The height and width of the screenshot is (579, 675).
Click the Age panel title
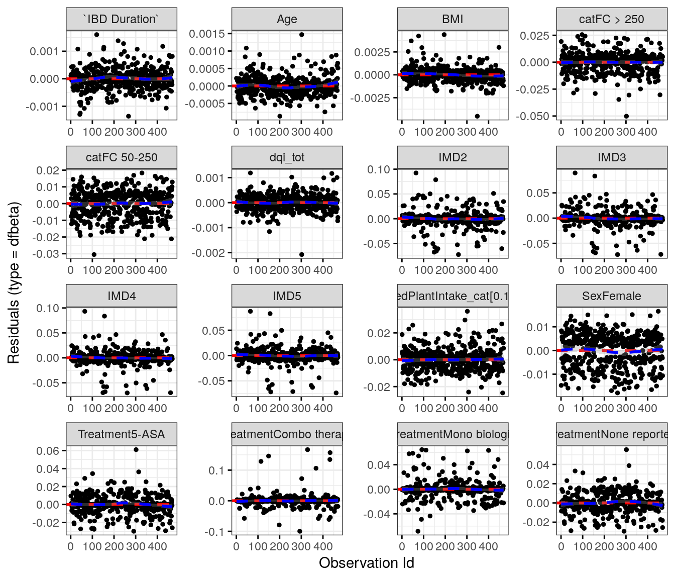click(x=287, y=19)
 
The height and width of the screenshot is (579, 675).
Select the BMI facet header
click(x=453, y=19)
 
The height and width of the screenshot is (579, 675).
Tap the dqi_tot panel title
click(x=287, y=157)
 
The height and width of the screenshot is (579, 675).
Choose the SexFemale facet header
click(x=611, y=296)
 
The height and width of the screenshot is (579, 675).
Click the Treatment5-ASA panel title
click(x=121, y=434)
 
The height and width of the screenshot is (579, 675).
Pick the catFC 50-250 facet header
click(x=121, y=157)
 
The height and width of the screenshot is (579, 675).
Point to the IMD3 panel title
click(x=611, y=157)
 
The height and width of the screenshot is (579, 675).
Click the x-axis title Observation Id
click(x=366, y=563)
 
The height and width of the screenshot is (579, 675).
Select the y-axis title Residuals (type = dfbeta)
click(x=14, y=283)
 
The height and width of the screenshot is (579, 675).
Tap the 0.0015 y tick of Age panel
click(x=207, y=34)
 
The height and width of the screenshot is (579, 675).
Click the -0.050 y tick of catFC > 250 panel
click(x=534, y=116)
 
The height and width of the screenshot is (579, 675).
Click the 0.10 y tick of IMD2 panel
click(x=378, y=170)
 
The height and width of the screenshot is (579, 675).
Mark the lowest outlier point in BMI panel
click(x=477, y=116)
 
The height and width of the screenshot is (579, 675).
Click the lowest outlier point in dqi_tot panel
click(x=302, y=254)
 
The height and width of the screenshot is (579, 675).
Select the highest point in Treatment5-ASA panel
click(x=136, y=449)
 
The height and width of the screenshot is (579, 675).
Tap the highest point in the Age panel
click(x=302, y=35)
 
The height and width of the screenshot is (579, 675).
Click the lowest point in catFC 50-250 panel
click(x=94, y=254)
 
